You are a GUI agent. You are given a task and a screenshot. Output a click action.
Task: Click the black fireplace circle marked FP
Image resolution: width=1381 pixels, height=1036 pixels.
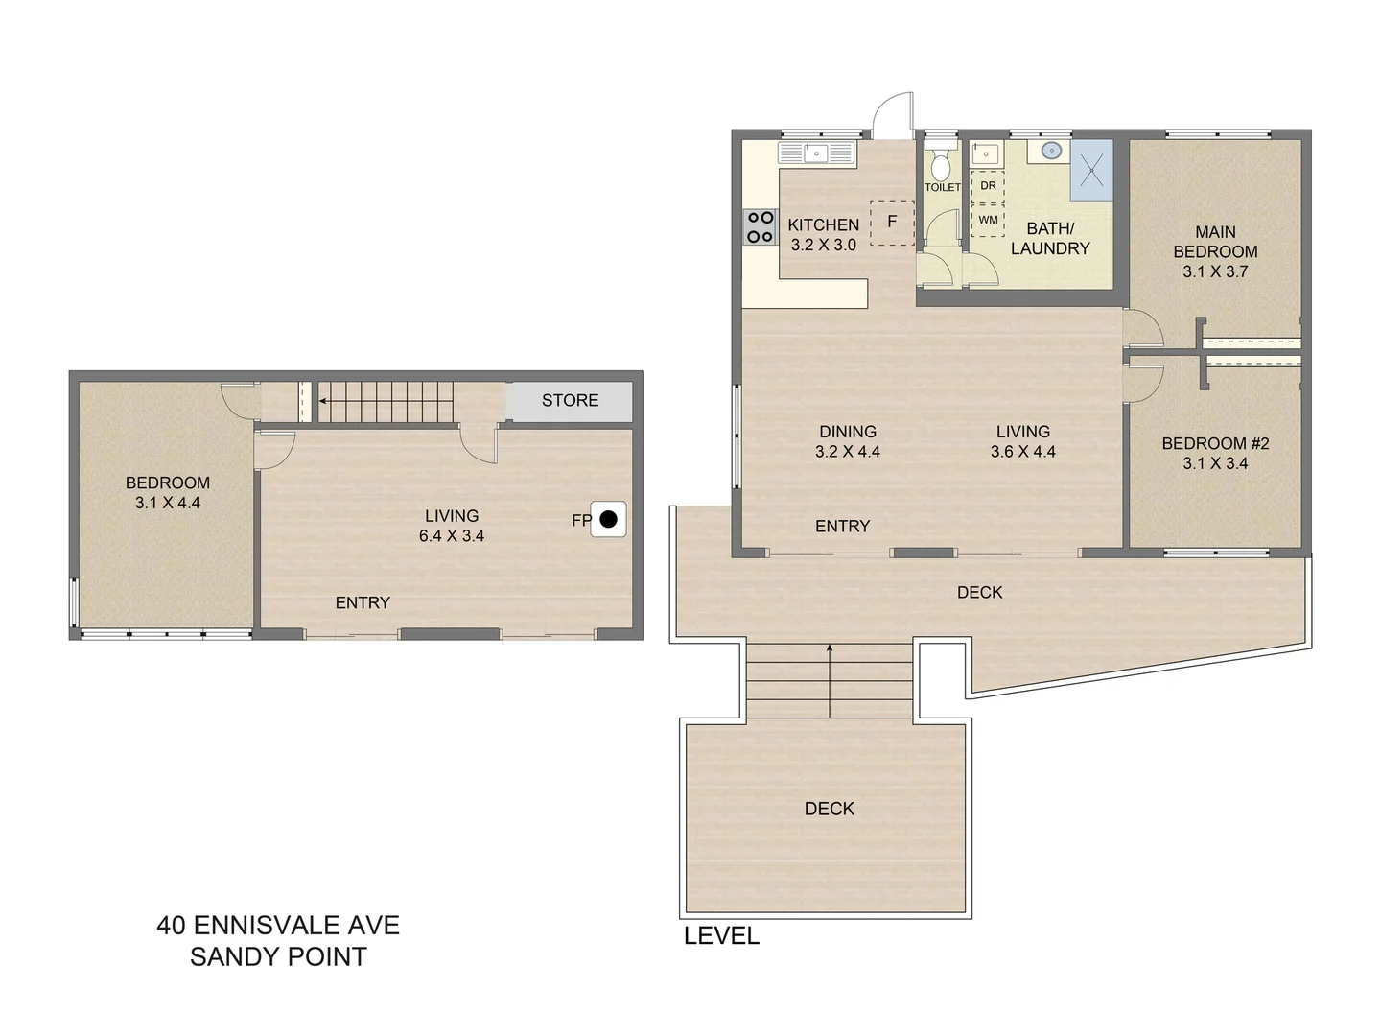click(608, 520)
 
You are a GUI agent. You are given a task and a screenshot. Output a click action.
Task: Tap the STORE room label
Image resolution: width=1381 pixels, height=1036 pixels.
click(570, 401)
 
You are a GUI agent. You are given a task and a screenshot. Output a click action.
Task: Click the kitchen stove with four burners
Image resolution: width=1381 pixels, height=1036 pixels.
click(760, 227)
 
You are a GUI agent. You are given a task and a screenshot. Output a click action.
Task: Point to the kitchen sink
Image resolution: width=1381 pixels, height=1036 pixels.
click(816, 153)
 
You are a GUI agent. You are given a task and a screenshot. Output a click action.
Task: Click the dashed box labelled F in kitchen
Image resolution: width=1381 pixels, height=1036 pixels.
click(892, 223)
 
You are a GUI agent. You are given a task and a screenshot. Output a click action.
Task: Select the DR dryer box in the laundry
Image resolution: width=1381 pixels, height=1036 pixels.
click(988, 186)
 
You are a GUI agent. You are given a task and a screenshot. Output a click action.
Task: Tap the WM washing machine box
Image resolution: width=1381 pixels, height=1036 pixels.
click(988, 220)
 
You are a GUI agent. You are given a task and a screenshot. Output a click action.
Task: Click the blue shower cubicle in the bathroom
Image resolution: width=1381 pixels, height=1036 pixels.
click(1091, 171)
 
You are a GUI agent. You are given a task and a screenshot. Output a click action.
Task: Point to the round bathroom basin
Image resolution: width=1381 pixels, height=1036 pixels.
click(1051, 151)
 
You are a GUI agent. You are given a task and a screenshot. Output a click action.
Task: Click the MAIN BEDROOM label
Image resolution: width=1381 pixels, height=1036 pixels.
click(1215, 242)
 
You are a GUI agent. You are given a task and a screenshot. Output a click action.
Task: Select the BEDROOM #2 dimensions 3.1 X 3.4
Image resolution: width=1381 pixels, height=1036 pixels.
click(1215, 463)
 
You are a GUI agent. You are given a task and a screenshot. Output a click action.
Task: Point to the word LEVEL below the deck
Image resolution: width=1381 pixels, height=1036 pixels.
click(721, 936)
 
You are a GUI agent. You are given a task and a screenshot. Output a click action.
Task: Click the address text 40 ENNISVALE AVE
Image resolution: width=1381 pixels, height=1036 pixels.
click(278, 926)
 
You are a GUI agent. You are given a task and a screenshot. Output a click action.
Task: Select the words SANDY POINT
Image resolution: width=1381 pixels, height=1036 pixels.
click(278, 957)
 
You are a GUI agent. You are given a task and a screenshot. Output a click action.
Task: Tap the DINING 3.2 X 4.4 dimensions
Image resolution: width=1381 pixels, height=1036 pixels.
click(848, 452)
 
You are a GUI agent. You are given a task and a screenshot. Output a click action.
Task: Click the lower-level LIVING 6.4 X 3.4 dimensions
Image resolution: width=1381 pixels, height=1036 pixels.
click(452, 536)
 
